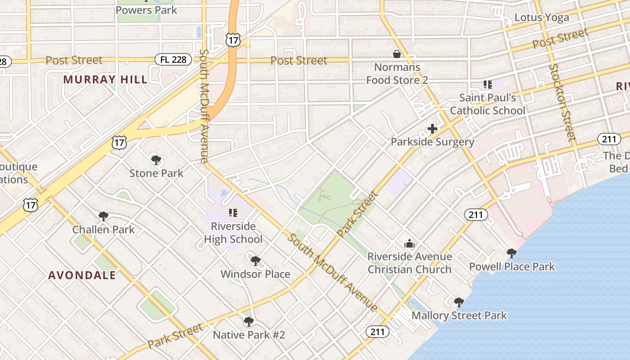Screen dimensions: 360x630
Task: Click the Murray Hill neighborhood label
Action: [105, 80]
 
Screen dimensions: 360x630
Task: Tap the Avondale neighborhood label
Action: [82, 275]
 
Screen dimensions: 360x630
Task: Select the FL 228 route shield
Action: [174, 59]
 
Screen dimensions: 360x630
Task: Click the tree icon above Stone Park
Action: [156, 160]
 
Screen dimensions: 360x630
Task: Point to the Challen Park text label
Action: [103, 229]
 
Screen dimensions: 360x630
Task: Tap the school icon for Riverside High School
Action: [233, 212]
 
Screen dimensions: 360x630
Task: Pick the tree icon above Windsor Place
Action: [255, 261]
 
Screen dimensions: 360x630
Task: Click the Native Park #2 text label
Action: [249, 335]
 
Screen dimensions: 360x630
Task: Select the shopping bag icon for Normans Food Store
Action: [397, 54]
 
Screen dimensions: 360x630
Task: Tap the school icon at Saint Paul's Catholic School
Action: [487, 84]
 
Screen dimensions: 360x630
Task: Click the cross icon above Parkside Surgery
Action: [432, 129]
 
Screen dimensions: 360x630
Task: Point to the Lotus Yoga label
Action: [541, 18]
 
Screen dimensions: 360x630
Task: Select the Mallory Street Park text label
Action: [459, 315]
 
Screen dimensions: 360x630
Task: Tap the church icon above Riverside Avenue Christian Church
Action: [409, 243]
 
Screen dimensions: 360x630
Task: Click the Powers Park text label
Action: [146, 9]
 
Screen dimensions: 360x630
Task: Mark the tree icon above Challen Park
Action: [103, 216]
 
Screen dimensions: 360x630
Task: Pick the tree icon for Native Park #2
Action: [248, 321]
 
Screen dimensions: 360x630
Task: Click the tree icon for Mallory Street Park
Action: [459, 302]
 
